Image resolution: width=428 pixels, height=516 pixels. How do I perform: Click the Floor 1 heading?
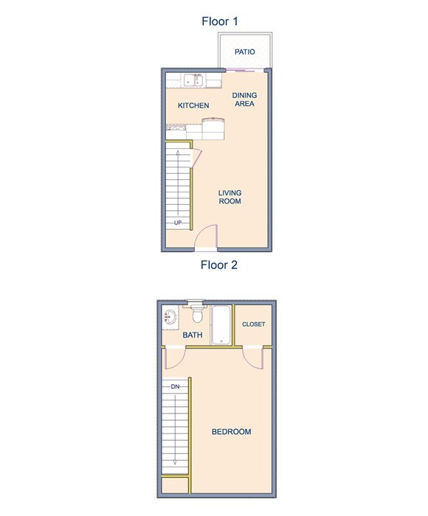tap(219, 21)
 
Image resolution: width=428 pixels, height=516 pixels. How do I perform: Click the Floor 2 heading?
tap(219, 265)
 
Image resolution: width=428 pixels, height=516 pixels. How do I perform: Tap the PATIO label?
tap(245, 52)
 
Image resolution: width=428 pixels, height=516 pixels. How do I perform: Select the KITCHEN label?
tap(193, 105)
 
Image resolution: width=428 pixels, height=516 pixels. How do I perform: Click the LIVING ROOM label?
tap(229, 197)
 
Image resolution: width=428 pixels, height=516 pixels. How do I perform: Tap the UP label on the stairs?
tap(178, 223)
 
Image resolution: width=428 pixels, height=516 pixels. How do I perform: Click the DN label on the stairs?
tap(175, 386)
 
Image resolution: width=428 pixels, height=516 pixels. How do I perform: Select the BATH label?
tap(193, 335)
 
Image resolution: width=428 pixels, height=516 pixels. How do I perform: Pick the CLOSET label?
tap(253, 324)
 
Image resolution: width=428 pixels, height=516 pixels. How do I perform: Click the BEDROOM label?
tap(231, 432)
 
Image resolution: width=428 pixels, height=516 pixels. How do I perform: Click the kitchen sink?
tap(194, 79)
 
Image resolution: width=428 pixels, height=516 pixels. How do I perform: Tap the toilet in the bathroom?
tap(196, 315)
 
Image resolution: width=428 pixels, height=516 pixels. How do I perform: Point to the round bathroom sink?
tap(170, 319)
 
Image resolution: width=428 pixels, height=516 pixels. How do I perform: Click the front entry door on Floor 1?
tap(206, 240)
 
